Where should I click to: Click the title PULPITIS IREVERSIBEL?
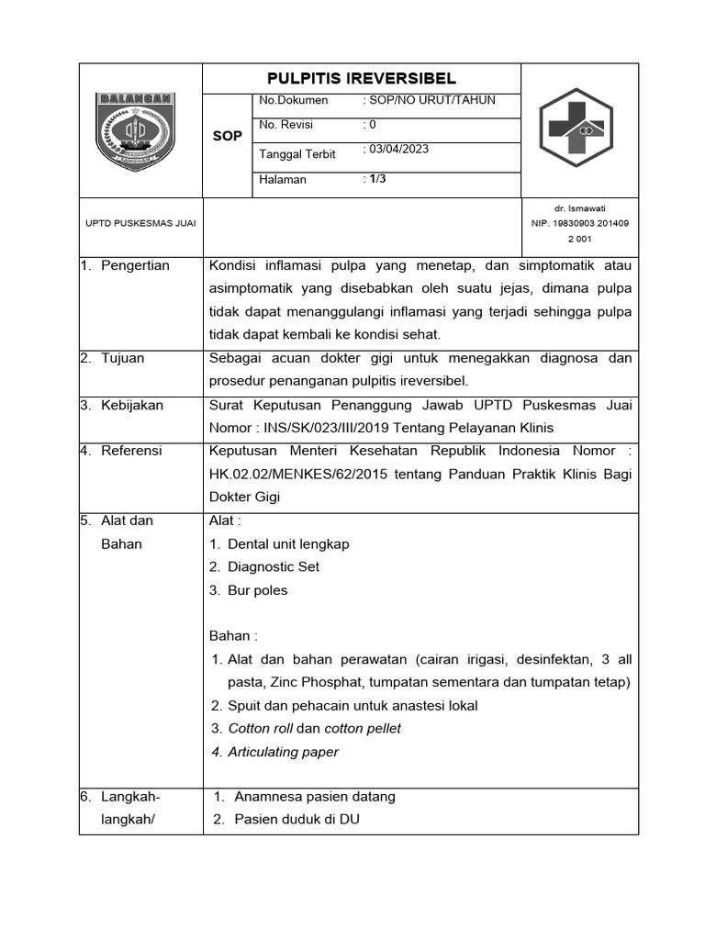[x=361, y=78]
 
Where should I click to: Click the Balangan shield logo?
[x=137, y=129]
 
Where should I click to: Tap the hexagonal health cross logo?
[x=579, y=129]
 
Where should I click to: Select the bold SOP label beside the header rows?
[x=227, y=136]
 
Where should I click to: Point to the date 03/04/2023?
[x=397, y=150]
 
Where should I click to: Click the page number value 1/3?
[x=375, y=179]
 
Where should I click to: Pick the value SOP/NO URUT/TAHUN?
[x=430, y=100]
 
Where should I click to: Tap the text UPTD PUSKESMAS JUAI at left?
[x=134, y=223]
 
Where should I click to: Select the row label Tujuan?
[x=123, y=358]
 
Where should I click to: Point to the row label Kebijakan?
[x=132, y=405]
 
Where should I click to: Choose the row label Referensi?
[x=131, y=451]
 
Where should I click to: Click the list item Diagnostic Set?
[x=274, y=566]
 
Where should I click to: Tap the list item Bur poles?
[x=257, y=590]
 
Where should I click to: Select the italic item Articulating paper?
[x=283, y=752]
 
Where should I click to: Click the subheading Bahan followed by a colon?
[x=234, y=636]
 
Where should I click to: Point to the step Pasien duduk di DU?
[x=297, y=819]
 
